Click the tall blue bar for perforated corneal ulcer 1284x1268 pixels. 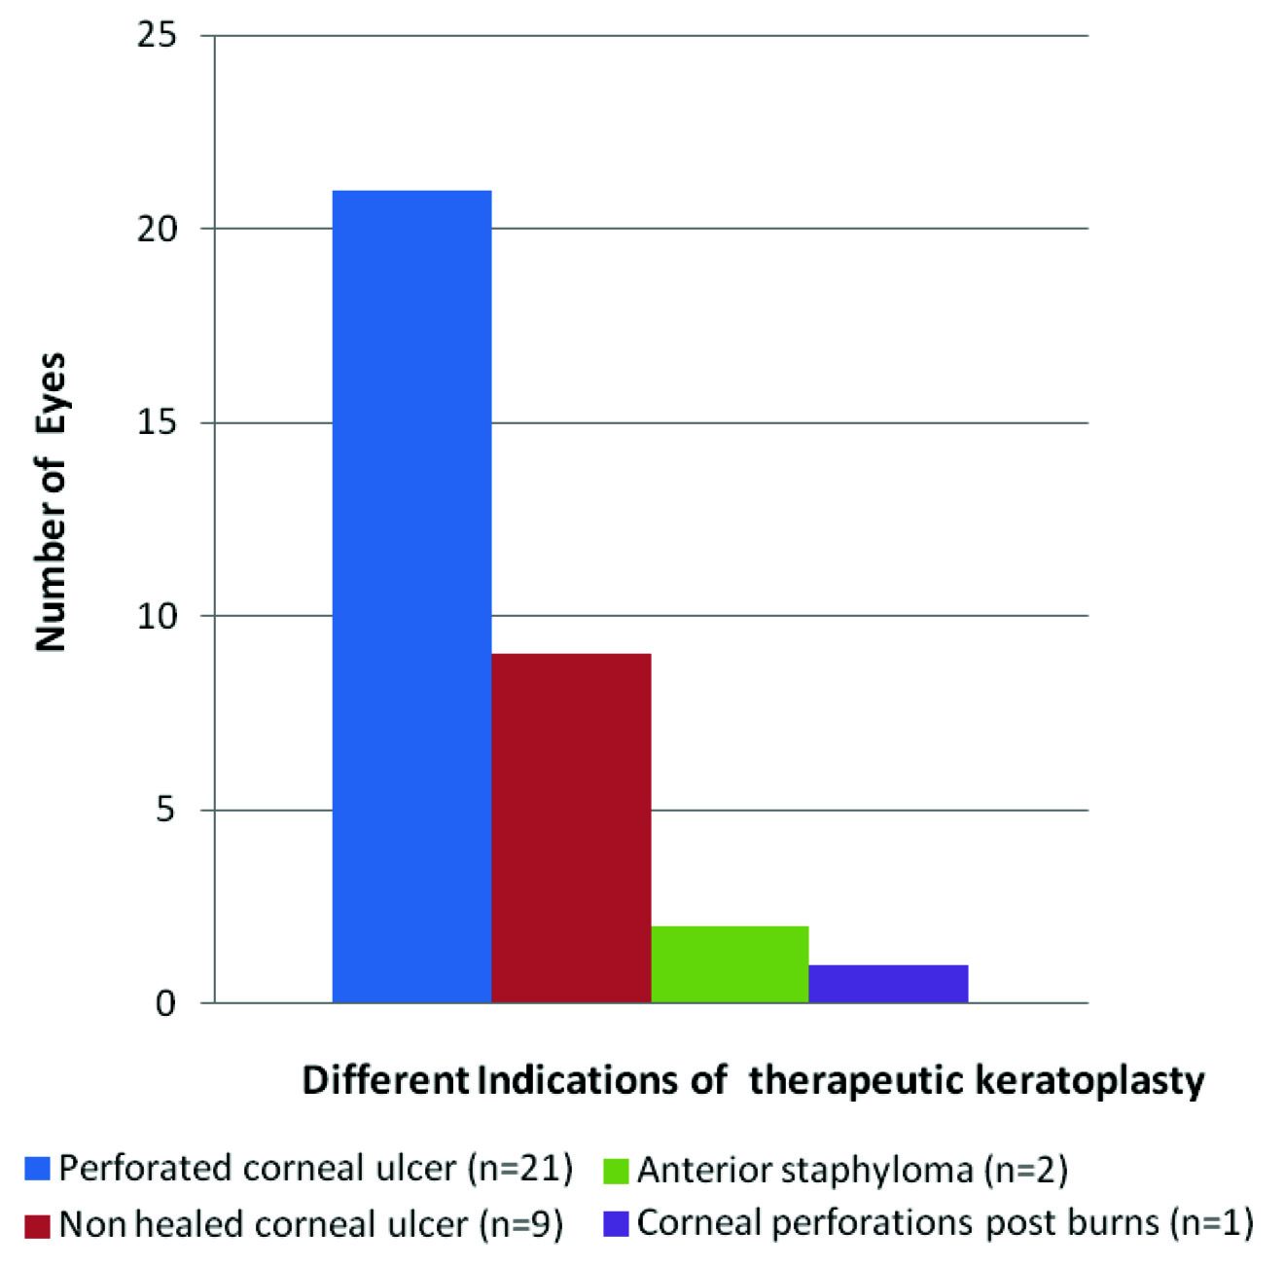click(x=411, y=596)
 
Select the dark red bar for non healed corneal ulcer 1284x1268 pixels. click(x=571, y=827)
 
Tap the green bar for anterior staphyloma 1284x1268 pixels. click(x=730, y=963)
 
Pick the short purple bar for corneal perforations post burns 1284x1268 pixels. click(x=888, y=983)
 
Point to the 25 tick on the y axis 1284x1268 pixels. click(x=158, y=36)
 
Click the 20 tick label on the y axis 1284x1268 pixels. click(x=158, y=230)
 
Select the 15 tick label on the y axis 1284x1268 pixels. click(x=158, y=423)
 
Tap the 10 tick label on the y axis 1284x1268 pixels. click(x=158, y=616)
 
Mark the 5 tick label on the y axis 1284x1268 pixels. click(x=166, y=810)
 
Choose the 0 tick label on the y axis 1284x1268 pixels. click(x=166, y=1002)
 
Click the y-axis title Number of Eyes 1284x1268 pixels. click(x=51, y=501)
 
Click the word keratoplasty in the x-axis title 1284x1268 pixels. click(x=1089, y=1081)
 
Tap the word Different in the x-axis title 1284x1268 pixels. click(x=385, y=1080)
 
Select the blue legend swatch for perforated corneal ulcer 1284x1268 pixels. click(x=37, y=1169)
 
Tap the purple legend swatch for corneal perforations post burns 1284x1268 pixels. click(x=616, y=1223)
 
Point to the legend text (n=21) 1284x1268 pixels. click(x=520, y=1169)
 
